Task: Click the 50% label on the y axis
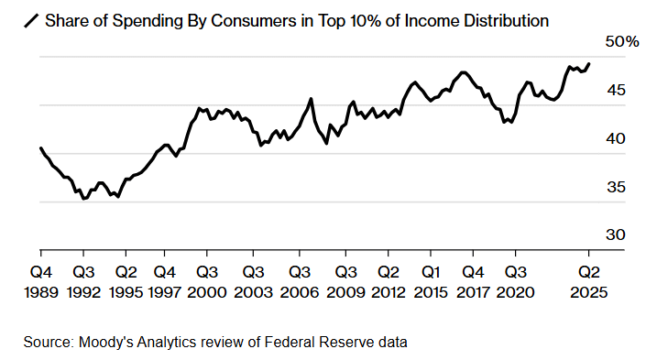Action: tap(621, 41)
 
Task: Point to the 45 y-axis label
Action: tap(616, 90)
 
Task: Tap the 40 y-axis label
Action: tap(616, 138)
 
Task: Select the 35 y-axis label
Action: tap(616, 187)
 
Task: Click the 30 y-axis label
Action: tap(616, 235)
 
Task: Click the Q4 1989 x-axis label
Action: tap(41, 282)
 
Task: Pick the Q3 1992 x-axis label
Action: tap(83, 282)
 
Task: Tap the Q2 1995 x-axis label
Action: tap(126, 282)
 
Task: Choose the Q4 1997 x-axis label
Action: tap(164, 282)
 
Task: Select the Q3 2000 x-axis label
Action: tap(207, 282)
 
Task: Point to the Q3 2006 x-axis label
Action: tap(300, 282)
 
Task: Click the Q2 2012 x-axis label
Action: tap(389, 282)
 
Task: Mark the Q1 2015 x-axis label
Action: tap(431, 282)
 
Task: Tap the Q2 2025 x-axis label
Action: tap(589, 282)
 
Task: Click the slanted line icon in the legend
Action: tap(31, 21)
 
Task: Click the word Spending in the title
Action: tap(148, 21)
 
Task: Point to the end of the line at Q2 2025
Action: tap(589, 64)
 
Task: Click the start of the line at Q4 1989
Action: tap(41, 147)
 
